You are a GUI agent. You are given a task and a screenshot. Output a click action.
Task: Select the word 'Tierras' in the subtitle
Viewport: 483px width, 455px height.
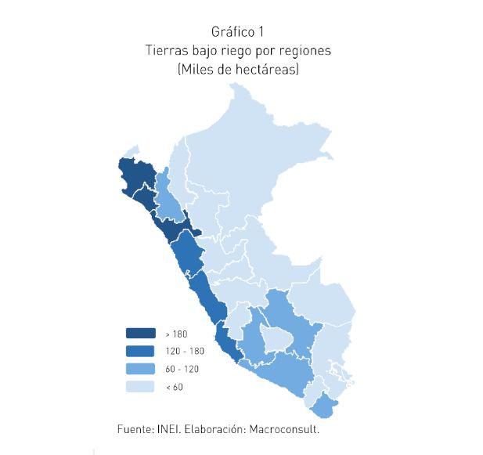click(x=165, y=50)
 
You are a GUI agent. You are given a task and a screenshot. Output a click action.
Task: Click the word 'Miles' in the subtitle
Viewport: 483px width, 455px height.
click(x=196, y=70)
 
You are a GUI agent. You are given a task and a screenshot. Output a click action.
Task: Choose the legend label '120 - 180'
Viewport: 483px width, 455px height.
click(x=185, y=351)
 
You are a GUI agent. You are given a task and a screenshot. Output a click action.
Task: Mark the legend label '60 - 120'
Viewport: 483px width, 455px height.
click(x=182, y=368)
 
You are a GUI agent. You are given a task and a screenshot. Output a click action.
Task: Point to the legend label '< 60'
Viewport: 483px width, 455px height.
click(x=174, y=386)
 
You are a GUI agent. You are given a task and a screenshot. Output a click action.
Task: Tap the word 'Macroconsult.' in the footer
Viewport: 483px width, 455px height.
click(x=285, y=429)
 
